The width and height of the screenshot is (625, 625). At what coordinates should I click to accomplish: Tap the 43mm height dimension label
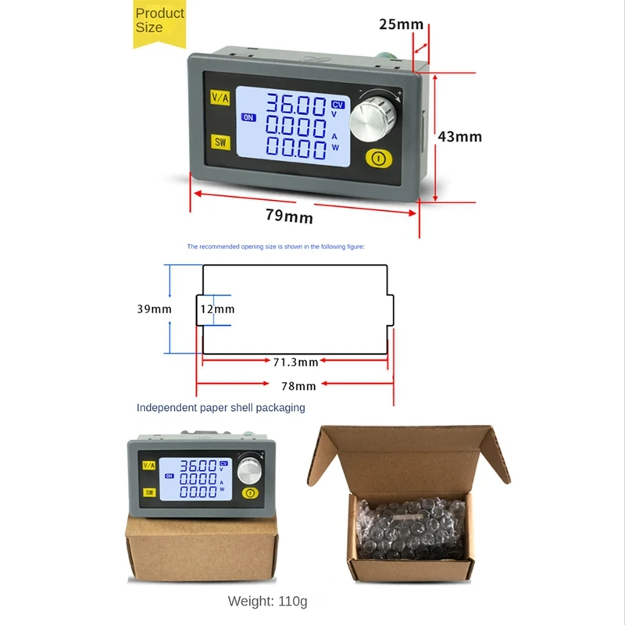tap(459, 137)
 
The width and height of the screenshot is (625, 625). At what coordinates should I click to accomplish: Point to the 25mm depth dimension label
tap(401, 24)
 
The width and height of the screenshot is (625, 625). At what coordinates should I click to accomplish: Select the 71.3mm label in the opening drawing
tap(295, 362)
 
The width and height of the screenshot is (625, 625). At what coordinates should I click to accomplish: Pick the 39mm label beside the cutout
tap(154, 309)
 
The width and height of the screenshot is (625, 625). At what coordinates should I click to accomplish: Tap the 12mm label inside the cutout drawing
tap(217, 309)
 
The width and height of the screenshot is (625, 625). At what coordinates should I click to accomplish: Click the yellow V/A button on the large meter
tap(220, 98)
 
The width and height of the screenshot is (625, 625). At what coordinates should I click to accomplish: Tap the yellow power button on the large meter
tap(378, 159)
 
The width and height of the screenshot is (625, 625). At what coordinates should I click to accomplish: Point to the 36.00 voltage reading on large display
tap(297, 105)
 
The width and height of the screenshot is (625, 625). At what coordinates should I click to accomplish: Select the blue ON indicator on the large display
tap(248, 118)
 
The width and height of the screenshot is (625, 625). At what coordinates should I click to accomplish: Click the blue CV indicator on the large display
tap(337, 104)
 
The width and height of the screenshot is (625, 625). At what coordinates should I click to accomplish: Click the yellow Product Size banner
tap(159, 22)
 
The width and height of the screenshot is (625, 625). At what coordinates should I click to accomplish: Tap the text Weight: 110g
tap(267, 602)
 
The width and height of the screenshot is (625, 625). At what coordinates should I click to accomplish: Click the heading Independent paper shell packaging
tap(220, 407)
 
